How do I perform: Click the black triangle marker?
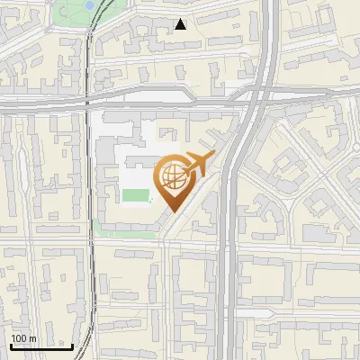(181, 24)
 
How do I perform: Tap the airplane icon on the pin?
(198, 165)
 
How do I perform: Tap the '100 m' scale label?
(23, 339)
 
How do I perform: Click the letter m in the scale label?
(32, 339)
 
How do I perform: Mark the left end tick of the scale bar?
(10, 346)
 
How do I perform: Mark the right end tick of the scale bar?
(73, 346)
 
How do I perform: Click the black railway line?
(88, 180)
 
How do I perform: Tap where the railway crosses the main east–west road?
(87, 101)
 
